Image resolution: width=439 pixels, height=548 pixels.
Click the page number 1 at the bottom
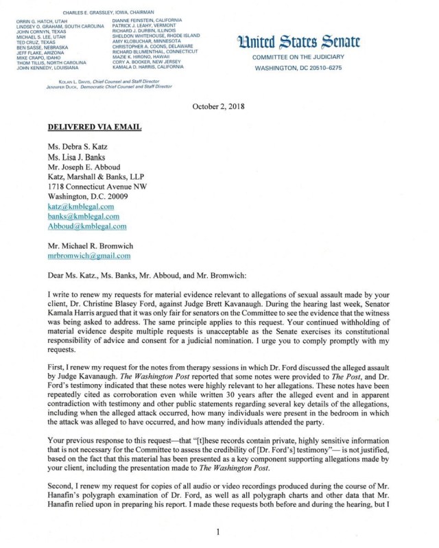coord(218,532)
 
